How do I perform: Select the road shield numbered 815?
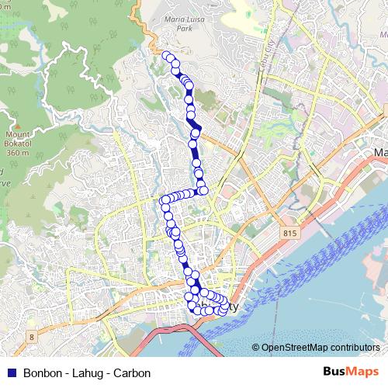tap(290, 234)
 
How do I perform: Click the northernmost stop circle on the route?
tap(165, 54)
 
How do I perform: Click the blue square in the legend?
tap(10, 372)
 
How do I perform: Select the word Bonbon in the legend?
tap(40, 372)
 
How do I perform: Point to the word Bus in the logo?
tap(334, 372)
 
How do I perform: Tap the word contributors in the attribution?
tap(354, 347)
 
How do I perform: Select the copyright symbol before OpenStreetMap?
tap(256, 347)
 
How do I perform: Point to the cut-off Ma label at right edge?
tap(380, 152)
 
